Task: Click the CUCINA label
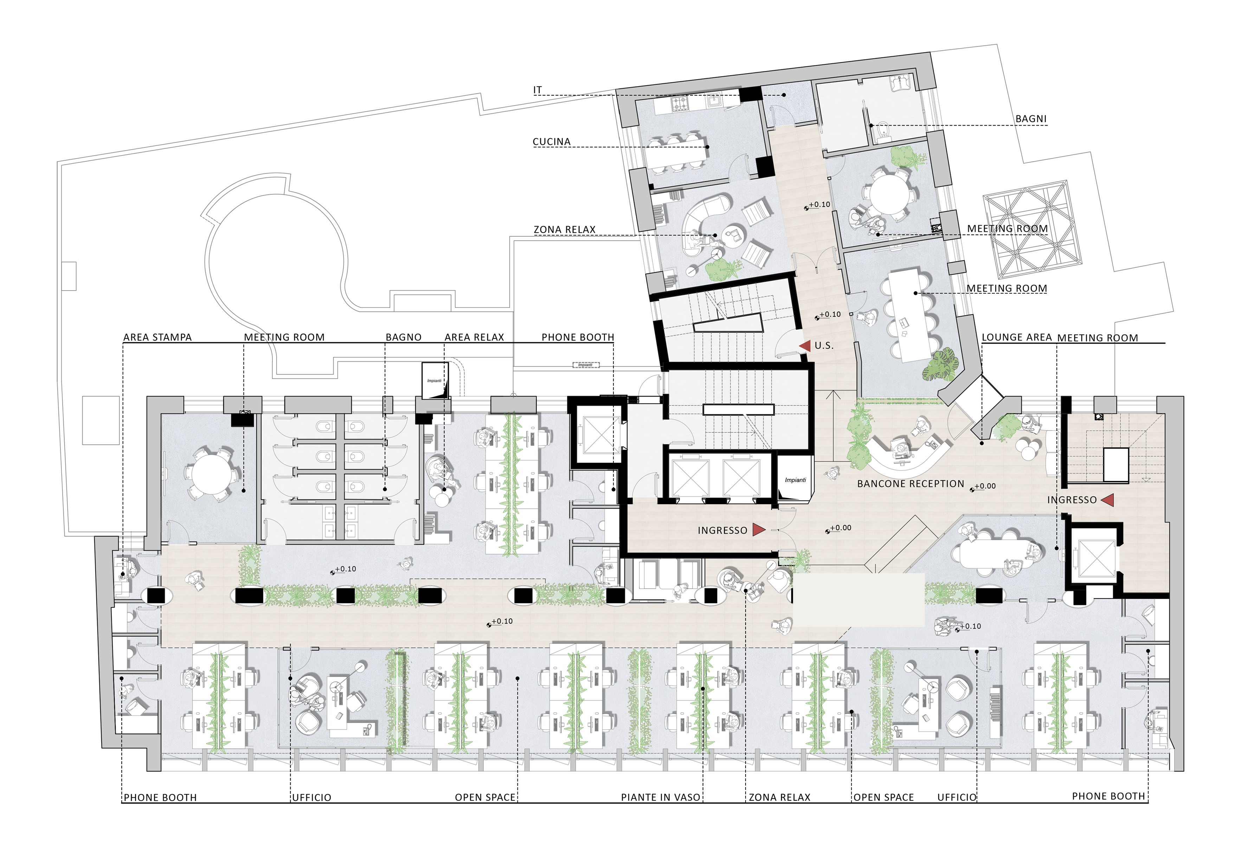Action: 551,141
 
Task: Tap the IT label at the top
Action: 537,90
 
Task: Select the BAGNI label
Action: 1031,119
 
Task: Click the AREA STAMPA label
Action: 157,337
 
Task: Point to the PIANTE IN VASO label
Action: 660,798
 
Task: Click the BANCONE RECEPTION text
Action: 910,484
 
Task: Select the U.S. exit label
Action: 824,346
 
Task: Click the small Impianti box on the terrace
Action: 586,365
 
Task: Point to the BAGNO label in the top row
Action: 404,337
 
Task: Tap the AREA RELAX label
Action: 474,337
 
